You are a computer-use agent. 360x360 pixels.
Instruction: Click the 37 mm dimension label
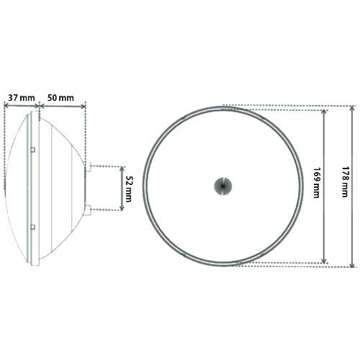tap(22, 98)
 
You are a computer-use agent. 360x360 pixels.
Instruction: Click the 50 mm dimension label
tap(60, 98)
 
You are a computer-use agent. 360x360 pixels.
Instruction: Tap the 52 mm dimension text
tap(128, 189)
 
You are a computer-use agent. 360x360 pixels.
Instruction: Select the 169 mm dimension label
tap(316, 183)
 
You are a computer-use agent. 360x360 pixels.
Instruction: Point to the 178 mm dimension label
tap(345, 182)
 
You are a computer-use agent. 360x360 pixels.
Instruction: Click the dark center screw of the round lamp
tap(223, 186)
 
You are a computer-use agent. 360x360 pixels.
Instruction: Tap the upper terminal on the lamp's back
tap(88, 167)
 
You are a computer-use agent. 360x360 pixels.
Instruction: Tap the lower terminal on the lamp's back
tap(88, 210)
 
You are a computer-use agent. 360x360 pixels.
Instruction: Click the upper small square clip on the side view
tap(33, 150)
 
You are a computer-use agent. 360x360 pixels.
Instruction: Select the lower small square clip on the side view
tap(33, 227)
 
